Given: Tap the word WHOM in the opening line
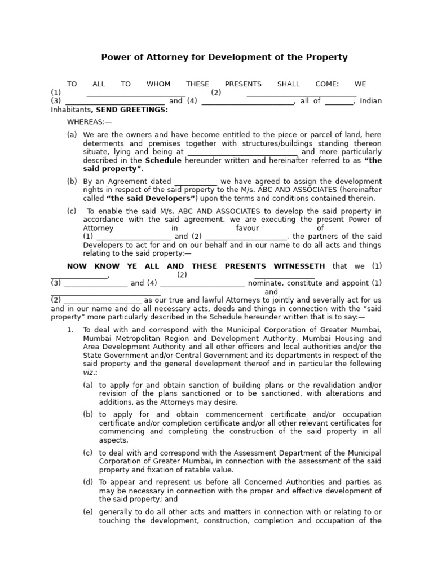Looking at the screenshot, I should point(158,84).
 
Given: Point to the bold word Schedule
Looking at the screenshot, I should point(163,160).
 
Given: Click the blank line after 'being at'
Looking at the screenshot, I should point(242,152).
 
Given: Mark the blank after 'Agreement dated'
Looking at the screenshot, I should point(196,182).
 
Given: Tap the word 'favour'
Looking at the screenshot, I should point(247,228).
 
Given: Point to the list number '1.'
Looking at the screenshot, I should point(70,330).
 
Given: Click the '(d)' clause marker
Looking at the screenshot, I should point(88,482).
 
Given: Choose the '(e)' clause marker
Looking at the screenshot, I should point(88,512).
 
